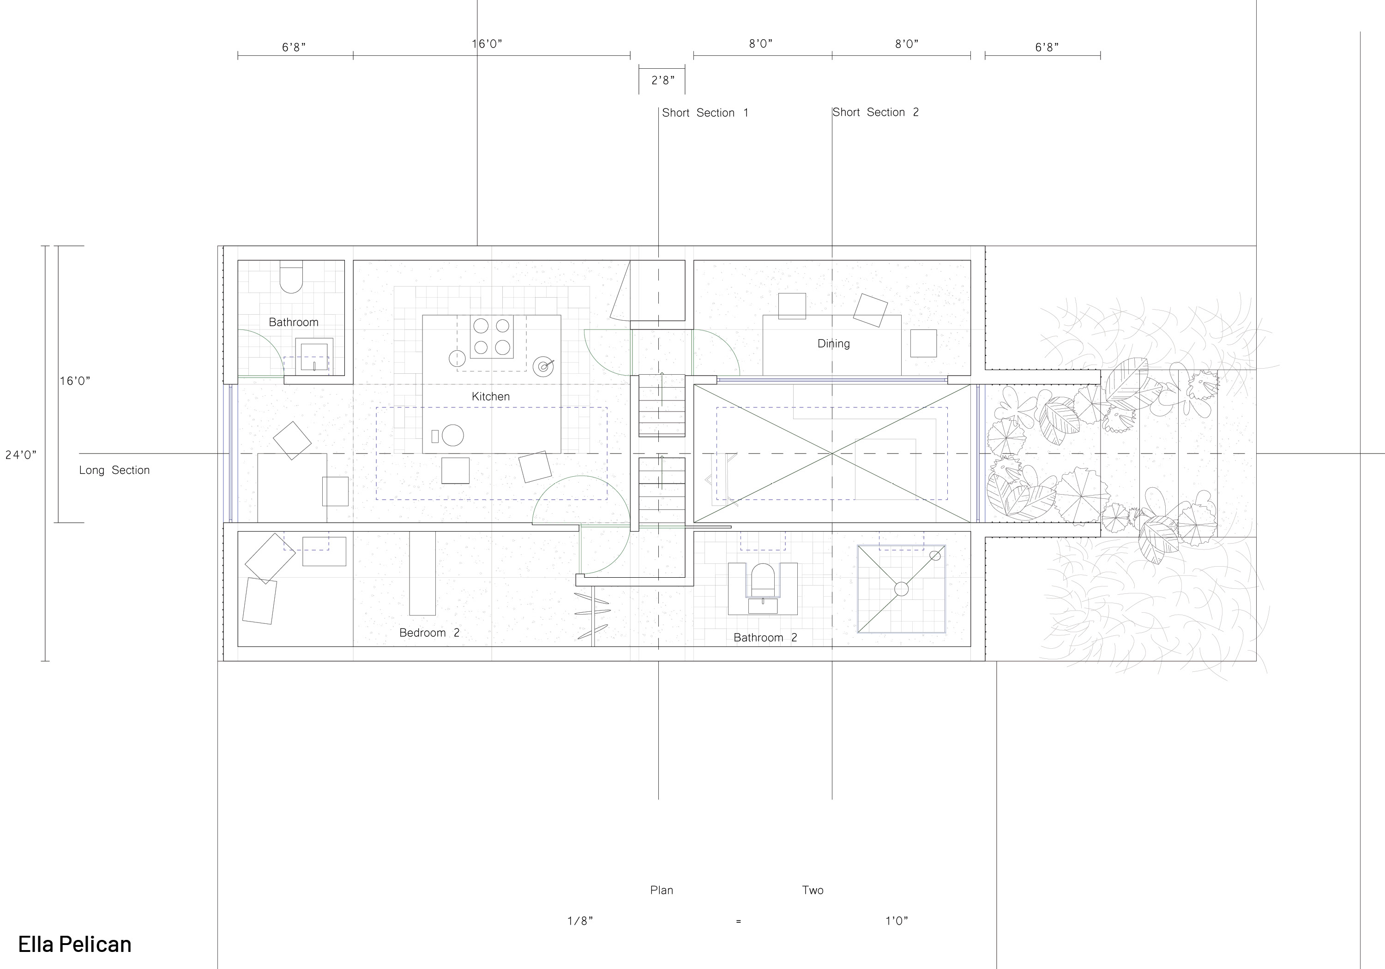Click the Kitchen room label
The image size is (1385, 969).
[490, 397]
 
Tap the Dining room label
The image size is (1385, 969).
[834, 344]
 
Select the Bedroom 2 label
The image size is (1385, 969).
[429, 633]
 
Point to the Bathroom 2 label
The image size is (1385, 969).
[765, 637]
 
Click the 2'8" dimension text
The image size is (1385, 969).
[663, 80]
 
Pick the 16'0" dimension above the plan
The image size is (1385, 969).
[487, 44]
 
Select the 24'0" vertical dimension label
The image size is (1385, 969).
[21, 455]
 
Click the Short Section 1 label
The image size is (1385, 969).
[705, 113]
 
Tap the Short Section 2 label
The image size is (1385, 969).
[876, 112]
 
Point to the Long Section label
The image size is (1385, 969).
[114, 470]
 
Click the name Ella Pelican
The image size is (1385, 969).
[75, 944]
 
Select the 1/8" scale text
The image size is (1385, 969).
[580, 921]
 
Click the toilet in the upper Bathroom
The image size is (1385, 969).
[291, 277]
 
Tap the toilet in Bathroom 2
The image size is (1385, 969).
[763, 580]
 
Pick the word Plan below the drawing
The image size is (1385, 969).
[662, 890]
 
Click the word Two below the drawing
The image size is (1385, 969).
[813, 890]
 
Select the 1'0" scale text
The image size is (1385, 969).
[897, 921]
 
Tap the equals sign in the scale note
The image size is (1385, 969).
[738, 921]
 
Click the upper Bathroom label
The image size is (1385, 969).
[294, 323]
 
